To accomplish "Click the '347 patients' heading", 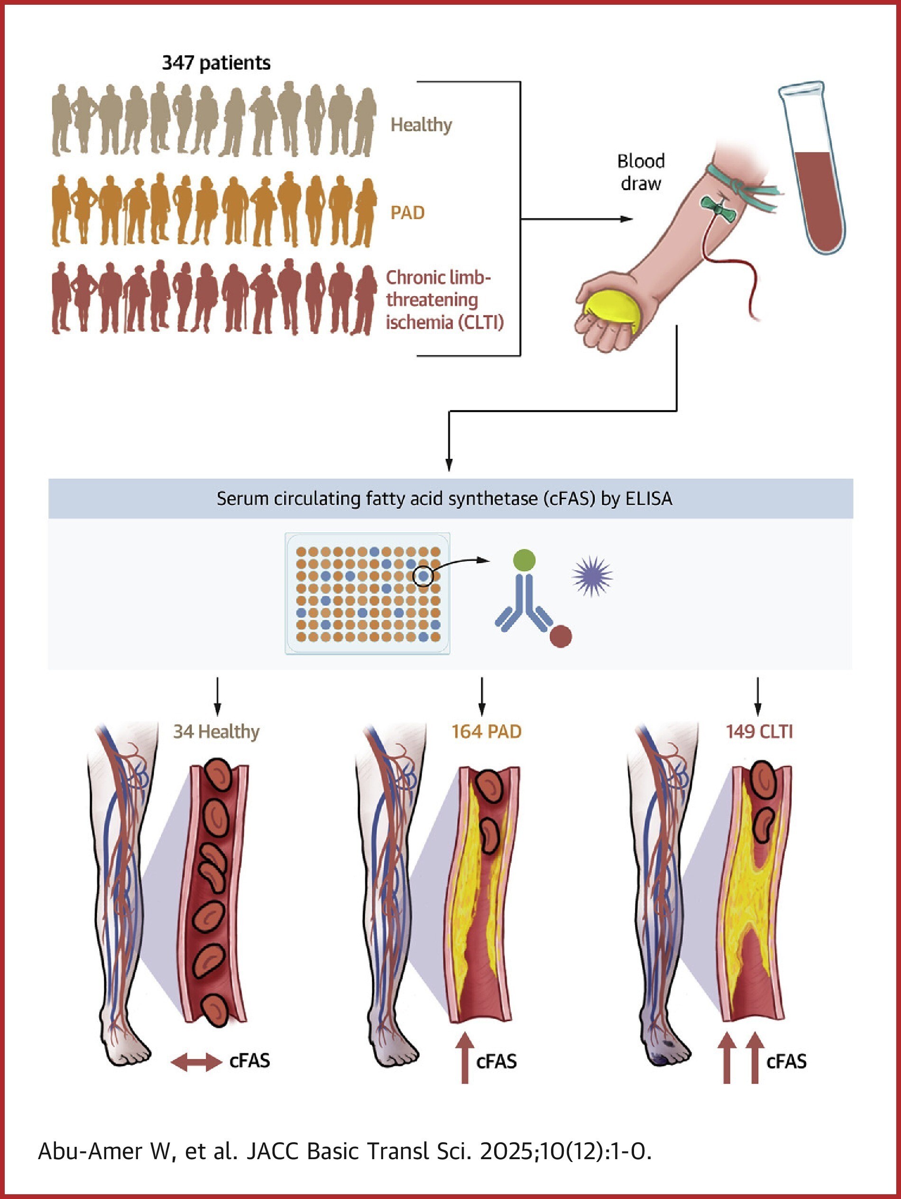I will (216, 63).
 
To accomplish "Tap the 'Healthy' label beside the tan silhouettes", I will (421, 125).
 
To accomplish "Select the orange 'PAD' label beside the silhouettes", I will (408, 212).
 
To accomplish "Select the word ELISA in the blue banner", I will (649, 498).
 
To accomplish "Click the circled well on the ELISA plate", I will (423, 576).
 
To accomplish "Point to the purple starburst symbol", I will (592, 576).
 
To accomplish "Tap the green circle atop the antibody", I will (524, 560).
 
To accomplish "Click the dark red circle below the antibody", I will (561, 636).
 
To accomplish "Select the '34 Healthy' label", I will (216, 732).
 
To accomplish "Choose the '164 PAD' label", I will (486, 732).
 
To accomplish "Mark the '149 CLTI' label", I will (759, 732).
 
